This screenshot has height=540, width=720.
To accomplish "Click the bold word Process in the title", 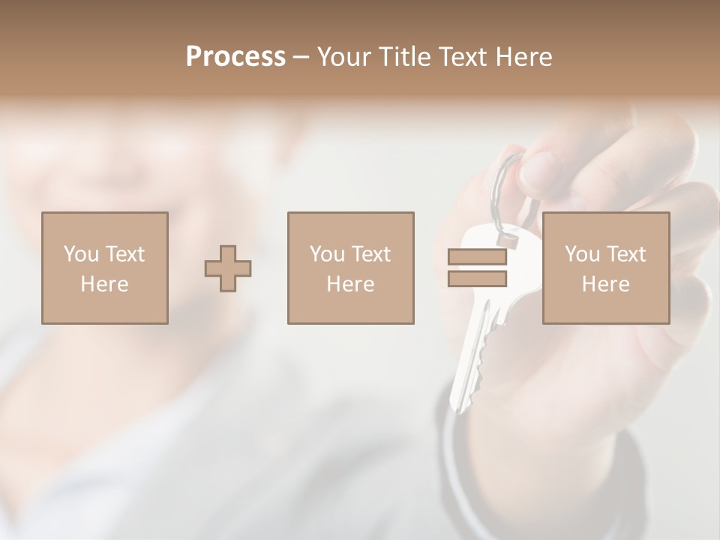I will click(235, 57).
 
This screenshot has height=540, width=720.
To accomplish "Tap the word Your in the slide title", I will click(342, 57).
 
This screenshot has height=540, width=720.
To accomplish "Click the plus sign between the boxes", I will click(228, 268).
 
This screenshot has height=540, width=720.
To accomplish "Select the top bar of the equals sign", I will click(477, 256).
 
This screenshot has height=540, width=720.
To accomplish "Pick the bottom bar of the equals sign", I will click(477, 279).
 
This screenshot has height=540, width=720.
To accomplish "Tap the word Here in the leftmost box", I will click(104, 284).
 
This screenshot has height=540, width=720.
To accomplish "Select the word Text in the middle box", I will click(371, 254).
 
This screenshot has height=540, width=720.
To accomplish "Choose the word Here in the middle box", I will click(350, 284).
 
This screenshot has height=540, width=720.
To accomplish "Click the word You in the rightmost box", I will click(582, 254).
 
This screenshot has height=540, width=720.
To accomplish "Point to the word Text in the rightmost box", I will click(626, 254).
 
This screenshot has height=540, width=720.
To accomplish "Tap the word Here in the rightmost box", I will click(605, 284).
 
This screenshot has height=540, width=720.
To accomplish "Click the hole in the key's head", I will click(509, 241).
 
